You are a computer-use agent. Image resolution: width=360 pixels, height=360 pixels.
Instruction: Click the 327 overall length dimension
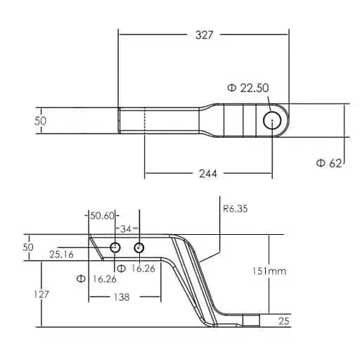tap(203, 34)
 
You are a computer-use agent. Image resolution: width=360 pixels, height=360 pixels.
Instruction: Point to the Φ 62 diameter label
tap(328, 163)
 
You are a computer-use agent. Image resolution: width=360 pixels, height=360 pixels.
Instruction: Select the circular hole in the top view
tap(271, 121)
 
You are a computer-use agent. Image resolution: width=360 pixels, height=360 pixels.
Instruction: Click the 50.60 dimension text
tap(101, 216)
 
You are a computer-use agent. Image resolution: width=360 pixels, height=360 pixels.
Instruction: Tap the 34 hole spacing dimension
tap(127, 228)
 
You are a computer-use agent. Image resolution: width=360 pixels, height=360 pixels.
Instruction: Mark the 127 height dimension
tap(41, 295)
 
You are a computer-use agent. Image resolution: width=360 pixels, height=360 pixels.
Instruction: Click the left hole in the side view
tap(115, 247)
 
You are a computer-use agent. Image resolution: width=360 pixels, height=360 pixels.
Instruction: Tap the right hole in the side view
tap(139, 247)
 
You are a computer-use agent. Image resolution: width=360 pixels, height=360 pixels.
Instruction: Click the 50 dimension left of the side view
tap(28, 247)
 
